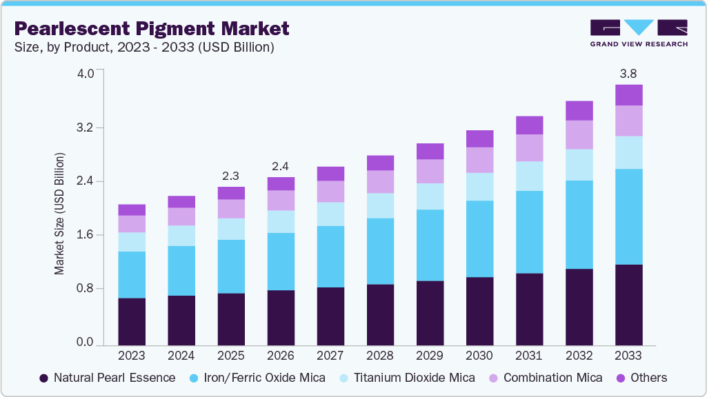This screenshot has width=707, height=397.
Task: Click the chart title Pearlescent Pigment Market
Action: [151, 29]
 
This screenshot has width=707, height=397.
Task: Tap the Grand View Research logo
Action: [638, 33]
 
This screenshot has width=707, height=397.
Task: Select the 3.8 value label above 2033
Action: [628, 73]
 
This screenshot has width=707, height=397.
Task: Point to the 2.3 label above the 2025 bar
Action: [231, 175]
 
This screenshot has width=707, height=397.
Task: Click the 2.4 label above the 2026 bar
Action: [281, 165]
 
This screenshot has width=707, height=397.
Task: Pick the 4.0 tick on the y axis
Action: [84, 74]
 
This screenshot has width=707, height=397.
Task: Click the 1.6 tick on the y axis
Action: [84, 235]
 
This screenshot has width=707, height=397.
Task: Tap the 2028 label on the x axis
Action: [380, 356]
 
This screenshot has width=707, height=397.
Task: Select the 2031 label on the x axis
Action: [529, 356]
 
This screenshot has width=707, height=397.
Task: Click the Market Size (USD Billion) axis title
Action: [60, 214]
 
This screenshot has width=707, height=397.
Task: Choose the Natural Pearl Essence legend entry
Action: [107, 378]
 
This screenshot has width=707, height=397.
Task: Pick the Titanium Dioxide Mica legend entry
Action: [407, 378]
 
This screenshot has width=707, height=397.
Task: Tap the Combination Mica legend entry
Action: [545, 378]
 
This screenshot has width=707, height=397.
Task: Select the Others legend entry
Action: [641, 378]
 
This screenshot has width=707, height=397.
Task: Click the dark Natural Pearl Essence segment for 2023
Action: [132, 321]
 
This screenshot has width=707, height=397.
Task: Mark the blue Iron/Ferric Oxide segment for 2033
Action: [628, 216]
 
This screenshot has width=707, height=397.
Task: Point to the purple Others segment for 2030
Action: [479, 139]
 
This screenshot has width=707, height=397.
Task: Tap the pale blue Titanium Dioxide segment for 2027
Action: [330, 214]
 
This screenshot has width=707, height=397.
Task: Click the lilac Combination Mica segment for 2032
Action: [579, 134]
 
